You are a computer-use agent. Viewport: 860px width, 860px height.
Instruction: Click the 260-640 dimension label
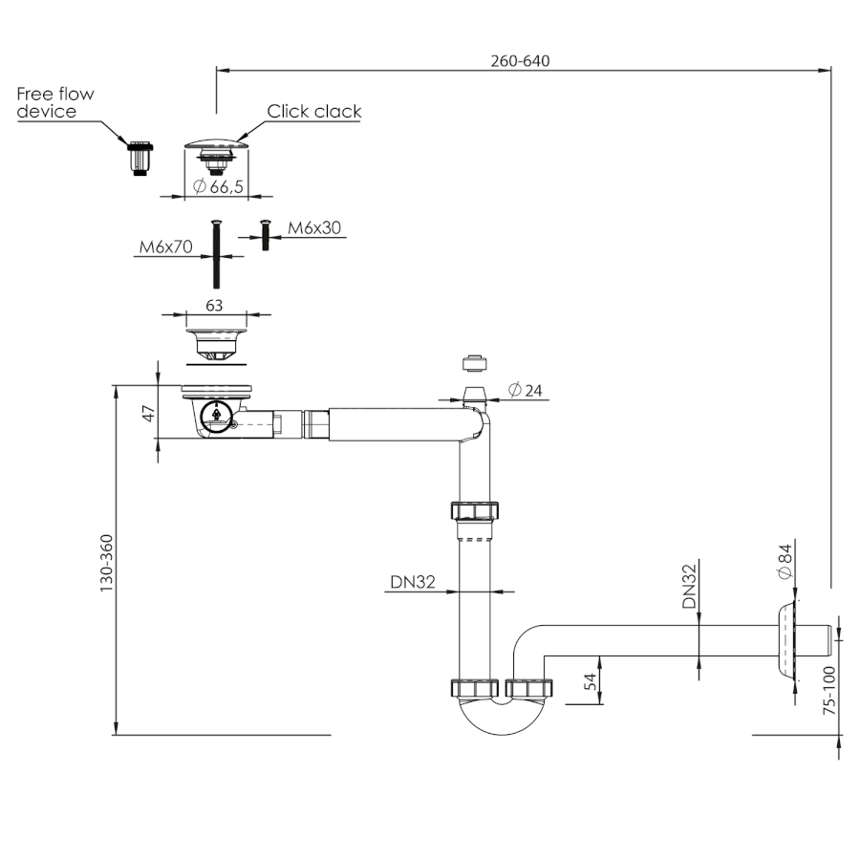pyautogui.click(x=521, y=60)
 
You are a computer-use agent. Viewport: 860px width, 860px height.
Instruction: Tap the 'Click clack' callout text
pyautogui.click(x=314, y=112)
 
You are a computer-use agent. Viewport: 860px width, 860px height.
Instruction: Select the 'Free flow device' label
pyautogui.click(x=55, y=103)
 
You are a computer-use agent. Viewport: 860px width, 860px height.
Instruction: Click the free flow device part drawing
pyautogui.click(x=140, y=157)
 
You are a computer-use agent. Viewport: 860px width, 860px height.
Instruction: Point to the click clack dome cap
pyautogui.click(x=216, y=144)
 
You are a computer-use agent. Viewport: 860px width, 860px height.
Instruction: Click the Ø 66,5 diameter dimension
pyautogui.click(x=218, y=187)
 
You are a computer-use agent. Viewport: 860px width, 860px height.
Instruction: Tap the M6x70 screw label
pyautogui.click(x=165, y=247)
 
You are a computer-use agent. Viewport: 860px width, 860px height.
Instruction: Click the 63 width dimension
pyautogui.click(x=215, y=307)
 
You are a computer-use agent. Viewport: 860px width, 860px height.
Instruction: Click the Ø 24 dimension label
pyautogui.click(x=527, y=390)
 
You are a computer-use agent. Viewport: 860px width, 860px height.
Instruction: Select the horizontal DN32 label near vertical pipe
pyautogui.click(x=413, y=580)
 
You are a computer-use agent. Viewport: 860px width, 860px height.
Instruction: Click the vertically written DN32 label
pyautogui.click(x=689, y=586)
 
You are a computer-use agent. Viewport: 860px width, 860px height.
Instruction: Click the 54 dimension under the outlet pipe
pyautogui.click(x=590, y=681)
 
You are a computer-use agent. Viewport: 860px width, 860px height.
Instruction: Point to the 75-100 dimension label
pyautogui.click(x=828, y=690)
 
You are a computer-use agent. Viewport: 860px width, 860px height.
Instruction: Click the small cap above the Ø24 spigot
pyautogui.click(x=471, y=363)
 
